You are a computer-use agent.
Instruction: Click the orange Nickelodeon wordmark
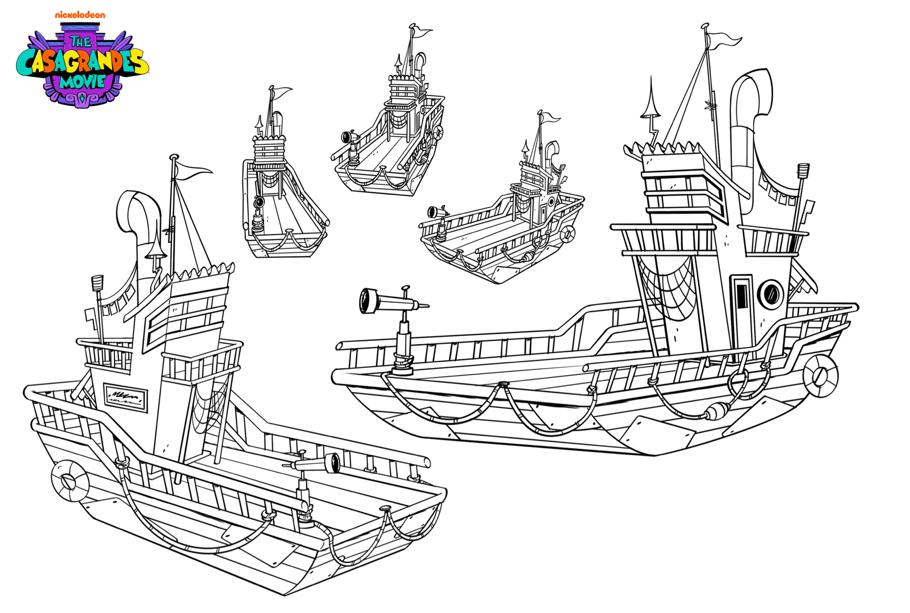coord(80,15)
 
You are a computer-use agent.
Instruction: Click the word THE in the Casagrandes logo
coord(81,42)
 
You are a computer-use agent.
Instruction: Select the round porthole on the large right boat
coord(770,293)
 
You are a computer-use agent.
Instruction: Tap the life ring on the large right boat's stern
coord(820,376)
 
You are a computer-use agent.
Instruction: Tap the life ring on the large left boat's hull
coord(70,480)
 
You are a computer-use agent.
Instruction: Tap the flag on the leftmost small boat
coord(281,92)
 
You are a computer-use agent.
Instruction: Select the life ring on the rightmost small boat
coord(567,234)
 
